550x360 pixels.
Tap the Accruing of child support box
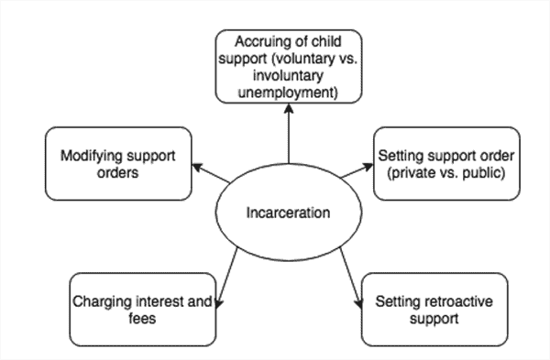point(287,67)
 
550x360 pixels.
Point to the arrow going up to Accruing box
point(287,137)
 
